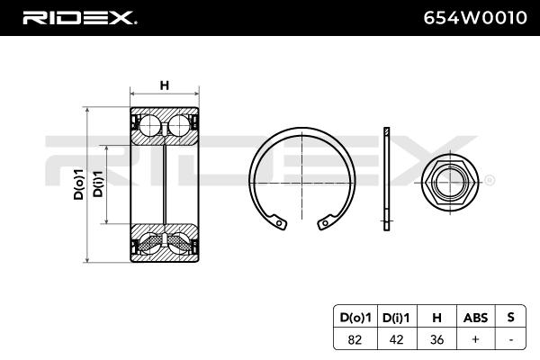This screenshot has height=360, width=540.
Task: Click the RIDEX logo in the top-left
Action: [x=78, y=17]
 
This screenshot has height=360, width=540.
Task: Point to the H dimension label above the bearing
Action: [x=165, y=85]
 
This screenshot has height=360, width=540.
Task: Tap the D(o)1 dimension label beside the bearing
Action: [x=79, y=184]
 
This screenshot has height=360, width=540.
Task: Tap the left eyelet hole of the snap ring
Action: [x=280, y=220]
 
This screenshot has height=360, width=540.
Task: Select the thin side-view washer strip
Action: [x=387, y=180]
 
